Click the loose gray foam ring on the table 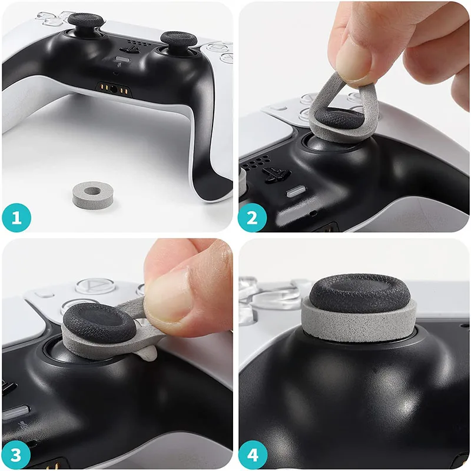92,192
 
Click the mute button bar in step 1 124,59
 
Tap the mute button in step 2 295,191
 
